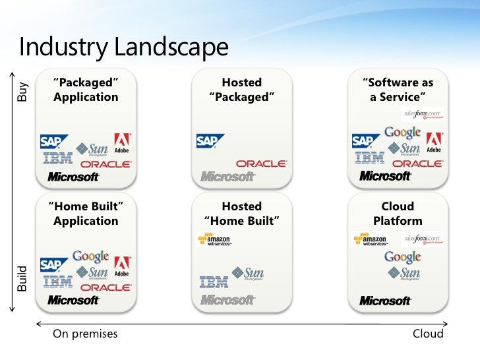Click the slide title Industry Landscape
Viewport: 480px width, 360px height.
(x=123, y=47)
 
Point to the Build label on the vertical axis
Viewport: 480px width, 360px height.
(x=22, y=278)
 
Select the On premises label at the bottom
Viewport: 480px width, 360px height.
(x=85, y=334)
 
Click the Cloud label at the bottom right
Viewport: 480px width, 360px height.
(x=428, y=334)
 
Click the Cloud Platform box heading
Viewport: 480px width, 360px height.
(x=398, y=214)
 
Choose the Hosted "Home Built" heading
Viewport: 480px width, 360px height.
(x=241, y=214)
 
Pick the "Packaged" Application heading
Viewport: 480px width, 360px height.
(x=86, y=90)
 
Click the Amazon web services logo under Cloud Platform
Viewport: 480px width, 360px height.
(x=370, y=239)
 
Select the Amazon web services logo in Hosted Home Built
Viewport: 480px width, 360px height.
(x=214, y=239)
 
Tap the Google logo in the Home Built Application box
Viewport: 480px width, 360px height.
(x=90, y=256)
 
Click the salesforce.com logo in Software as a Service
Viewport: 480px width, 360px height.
(x=423, y=114)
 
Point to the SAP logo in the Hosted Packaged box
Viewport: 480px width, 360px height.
(x=210, y=141)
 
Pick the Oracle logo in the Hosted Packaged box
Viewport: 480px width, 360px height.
(x=261, y=163)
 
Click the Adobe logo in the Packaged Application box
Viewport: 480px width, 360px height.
(x=122, y=143)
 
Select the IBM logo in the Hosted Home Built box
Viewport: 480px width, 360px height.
(x=213, y=282)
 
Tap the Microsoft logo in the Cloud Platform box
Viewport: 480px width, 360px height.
(x=386, y=301)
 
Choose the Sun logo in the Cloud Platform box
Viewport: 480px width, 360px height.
(x=403, y=273)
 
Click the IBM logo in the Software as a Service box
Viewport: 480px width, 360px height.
(x=369, y=158)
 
